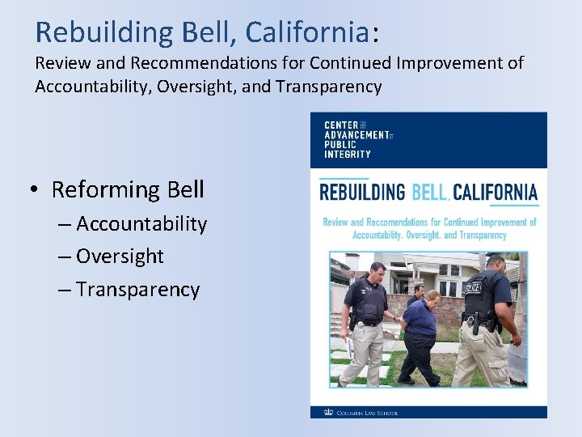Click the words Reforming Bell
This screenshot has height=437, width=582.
pyautogui.click(x=128, y=190)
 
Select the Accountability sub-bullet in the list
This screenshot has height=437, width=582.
pyautogui.click(x=141, y=224)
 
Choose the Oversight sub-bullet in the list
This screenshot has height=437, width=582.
pyautogui.click(x=120, y=257)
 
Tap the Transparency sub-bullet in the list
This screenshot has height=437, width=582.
pyautogui.click(x=137, y=290)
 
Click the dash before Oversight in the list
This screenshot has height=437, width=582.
pyautogui.click(x=65, y=257)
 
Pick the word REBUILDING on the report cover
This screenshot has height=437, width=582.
pyautogui.click(x=362, y=193)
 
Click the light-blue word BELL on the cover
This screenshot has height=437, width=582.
pyautogui.click(x=429, y=193)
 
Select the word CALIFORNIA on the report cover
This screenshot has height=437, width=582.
pyautogui.click(x=495, y=193)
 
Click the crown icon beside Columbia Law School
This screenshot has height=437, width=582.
pyautogui.click(x=327, y=411)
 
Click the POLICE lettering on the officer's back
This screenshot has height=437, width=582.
pyautogui.click(x=474, y=288)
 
